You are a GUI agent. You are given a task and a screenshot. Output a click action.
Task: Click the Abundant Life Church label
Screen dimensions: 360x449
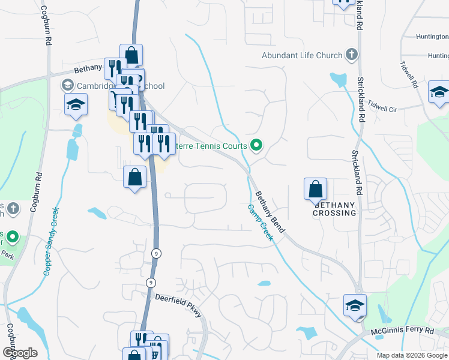point(301,56)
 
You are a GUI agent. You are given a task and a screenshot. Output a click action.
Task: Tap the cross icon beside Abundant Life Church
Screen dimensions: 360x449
point(352,56)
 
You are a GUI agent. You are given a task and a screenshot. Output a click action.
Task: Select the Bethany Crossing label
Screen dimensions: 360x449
point(335,209)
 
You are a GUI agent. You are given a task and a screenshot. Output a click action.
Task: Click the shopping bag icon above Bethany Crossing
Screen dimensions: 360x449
point(315,190)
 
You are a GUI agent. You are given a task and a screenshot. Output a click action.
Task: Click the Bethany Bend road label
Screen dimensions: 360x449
point(270,212)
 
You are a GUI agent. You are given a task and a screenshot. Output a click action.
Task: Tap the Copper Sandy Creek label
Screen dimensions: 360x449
point(51,241)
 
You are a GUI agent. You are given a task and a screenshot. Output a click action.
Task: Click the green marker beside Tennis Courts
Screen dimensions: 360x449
point(256,145)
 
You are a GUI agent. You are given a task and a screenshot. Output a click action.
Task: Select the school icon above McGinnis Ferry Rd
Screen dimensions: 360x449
point(355,305)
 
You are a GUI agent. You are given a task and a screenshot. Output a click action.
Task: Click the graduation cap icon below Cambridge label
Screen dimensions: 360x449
point(76,104)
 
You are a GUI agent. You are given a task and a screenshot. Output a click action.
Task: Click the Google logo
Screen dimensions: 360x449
point(19,352)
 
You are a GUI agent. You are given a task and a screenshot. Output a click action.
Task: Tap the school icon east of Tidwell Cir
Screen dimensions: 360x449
point(439,93)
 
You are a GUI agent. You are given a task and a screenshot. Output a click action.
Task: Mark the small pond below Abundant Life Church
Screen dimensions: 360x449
point(338,79)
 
